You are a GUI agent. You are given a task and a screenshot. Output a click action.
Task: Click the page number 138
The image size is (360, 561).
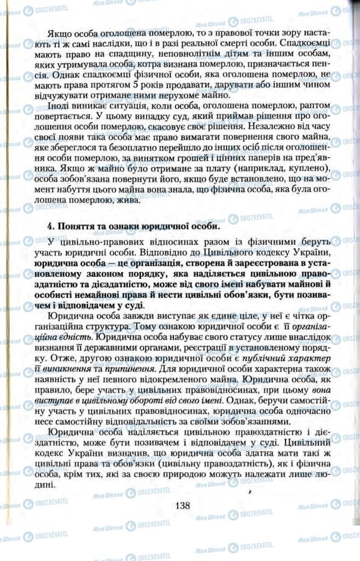coord(182,506)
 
